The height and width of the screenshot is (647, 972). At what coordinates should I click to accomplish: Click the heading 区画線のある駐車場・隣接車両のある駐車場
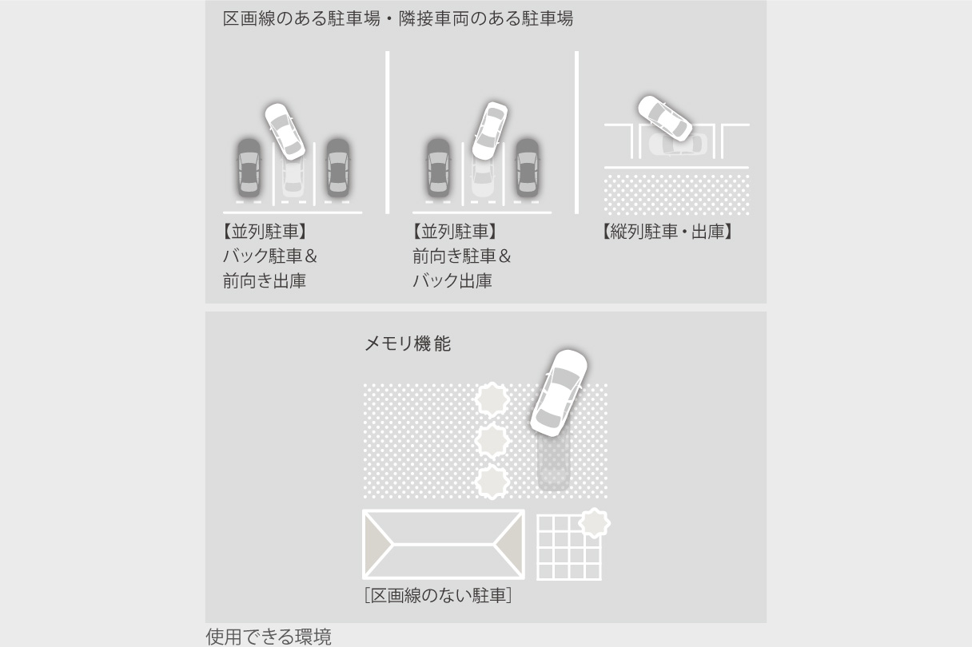point(397,18)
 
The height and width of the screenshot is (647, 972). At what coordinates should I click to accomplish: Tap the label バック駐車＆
point(270,256)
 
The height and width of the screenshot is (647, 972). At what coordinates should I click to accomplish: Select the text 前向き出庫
point(264,281)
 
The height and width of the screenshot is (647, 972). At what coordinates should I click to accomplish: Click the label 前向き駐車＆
point(461,256)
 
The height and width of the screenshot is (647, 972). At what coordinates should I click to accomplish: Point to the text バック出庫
point(452,281)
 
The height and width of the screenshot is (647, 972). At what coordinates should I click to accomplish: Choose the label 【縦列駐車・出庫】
point(667,232)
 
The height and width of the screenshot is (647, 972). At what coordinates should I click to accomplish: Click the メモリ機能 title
point(407,343)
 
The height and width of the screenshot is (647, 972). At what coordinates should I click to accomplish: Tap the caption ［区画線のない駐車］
point(437,595)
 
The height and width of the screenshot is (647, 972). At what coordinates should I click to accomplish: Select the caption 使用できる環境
point(268,637)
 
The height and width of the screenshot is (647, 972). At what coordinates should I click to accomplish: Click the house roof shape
point(443,544)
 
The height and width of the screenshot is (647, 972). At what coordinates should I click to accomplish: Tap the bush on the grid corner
point(593,523)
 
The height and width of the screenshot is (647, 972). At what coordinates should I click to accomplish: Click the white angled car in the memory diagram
point(559,391)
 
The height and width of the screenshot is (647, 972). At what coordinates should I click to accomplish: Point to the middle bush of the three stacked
point(492,440)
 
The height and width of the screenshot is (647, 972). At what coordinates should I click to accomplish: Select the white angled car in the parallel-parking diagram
point(665,117)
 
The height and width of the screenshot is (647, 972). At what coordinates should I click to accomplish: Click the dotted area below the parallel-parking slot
point(676,192)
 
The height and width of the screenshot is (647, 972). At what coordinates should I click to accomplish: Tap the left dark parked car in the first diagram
point(249,167)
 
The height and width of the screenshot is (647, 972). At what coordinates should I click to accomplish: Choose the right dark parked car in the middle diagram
point(526,167)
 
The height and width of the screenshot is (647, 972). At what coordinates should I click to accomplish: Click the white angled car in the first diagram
point(285,130)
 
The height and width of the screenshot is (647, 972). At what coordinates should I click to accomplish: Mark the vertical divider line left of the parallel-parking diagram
point(576,132)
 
